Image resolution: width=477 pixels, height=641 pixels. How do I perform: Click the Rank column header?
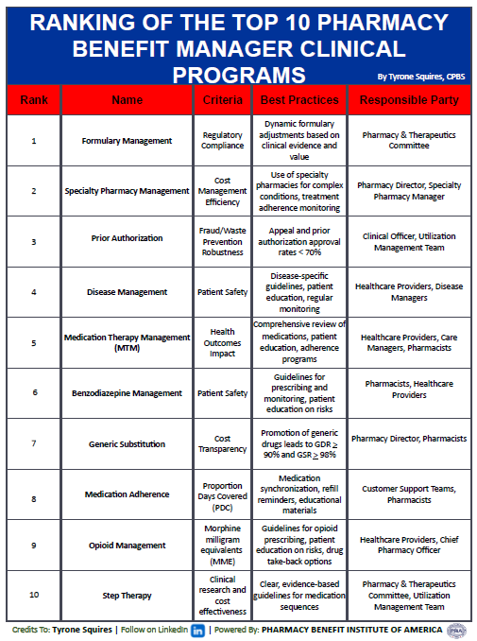point(34,99)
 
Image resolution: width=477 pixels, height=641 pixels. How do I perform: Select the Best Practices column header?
point(298,99)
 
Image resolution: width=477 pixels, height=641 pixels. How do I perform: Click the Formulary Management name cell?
point(127,141)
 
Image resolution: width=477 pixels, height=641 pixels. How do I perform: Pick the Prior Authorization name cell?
point(127,239)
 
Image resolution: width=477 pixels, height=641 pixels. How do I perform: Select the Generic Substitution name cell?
point(127,443)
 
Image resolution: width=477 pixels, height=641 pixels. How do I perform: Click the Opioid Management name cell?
point(127,545)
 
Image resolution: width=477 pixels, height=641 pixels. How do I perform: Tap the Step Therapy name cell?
point(127,596)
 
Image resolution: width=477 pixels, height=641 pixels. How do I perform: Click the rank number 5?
point(34,341)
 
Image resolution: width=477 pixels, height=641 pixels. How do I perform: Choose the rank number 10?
point(34,596)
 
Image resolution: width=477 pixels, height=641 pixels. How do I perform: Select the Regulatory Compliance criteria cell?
point(223,141)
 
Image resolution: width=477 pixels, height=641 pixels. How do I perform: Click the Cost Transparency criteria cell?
point(223,443)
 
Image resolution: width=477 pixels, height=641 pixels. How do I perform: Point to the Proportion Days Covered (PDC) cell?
point(223,494)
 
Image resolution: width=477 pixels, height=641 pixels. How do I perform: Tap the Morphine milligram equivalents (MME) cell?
point(223,545)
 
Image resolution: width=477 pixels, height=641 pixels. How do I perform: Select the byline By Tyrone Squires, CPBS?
point(420,77)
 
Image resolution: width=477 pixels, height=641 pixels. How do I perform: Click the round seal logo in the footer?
point(456,630)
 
